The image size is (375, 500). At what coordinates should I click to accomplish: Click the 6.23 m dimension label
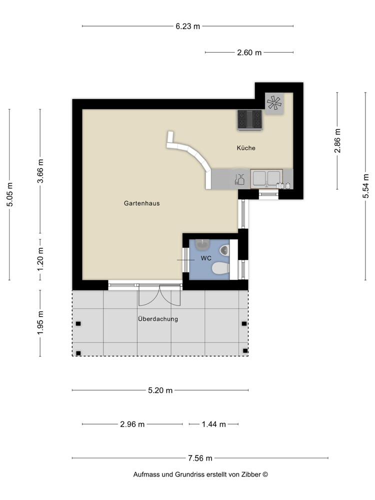pos(187,26)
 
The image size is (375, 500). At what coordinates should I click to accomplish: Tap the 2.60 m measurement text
pos(249,52)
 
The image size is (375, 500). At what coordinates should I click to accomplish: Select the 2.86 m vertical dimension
pos(337,141)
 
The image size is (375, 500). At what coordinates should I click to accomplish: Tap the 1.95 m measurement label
pos(40,322)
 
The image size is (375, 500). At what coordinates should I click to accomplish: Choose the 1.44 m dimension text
pos(213,424)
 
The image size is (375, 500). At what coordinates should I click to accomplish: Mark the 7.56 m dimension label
pos(200,458)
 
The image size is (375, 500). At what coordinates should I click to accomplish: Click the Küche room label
pos(246,148)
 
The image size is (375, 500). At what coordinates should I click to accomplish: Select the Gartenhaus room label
pos(141,203)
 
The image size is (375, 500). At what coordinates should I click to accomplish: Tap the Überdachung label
pos(158,319)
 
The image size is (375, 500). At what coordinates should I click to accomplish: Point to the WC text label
pos(206,258)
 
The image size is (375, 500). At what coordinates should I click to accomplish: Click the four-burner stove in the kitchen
pos(250,120)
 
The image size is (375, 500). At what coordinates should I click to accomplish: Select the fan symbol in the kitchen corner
pos(273,103)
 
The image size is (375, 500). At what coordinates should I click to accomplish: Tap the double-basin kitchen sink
pos(266,178)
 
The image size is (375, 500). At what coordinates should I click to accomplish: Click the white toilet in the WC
pos(220,269)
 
